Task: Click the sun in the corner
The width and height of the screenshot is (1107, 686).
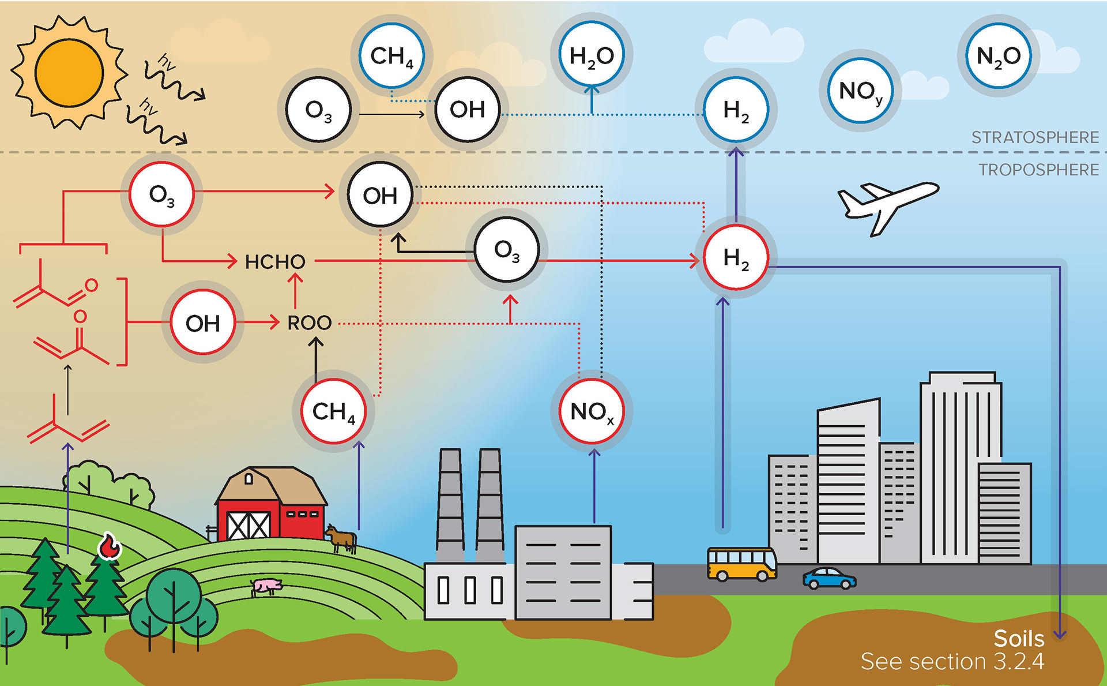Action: [x=69, y=72]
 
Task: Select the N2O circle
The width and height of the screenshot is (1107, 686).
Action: [x=998, y=56]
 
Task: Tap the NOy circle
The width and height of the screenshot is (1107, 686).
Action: [x=860, y=91]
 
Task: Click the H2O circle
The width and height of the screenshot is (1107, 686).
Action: [x=592, y=55]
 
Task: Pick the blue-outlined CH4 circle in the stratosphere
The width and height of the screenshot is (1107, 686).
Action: [x=391, y=55]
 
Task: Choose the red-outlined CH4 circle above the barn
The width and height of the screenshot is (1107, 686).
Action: [x=333, y=411]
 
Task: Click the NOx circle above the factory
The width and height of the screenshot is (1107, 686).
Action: [x=592, y=411]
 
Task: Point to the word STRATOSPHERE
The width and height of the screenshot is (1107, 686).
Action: [x=1035, y=137]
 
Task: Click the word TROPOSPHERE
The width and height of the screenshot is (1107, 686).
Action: [x=1038, y=170]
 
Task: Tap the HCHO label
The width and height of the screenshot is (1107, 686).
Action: [x=275, y=262]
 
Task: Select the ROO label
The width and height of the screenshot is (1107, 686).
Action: [x=310, y=323]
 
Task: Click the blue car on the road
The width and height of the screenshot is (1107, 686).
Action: [x=829, y=578]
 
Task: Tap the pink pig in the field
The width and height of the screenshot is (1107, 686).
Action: [x=266, y=586]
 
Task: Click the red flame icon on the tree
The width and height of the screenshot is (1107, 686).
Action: [x=108, y=546]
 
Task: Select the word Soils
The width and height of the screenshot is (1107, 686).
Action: [x=1019, y=639]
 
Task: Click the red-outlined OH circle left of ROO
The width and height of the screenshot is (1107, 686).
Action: [x=203, y=323]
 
